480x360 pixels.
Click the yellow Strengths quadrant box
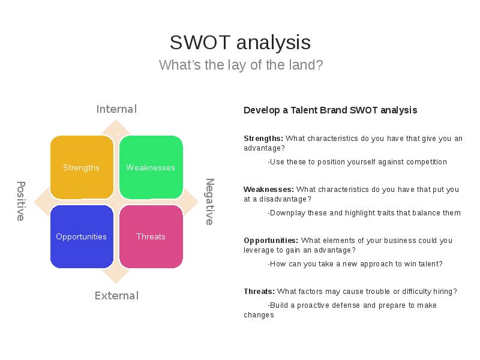coord(82,167)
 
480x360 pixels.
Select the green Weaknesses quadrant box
coord(151,167)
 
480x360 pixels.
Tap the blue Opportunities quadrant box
coord(82,236)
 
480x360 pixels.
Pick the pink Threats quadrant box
coord(151,236)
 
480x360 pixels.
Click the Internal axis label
coord(116,109)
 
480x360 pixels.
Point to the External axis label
coord(116,296)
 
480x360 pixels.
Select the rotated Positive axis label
coord(21,201)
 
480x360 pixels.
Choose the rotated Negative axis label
coord(209,202)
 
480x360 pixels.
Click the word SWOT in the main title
coord(200,42)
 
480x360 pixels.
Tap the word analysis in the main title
coord(274,42)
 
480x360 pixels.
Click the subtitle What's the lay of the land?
coord(241,65)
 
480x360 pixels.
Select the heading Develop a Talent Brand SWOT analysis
coord(331,110)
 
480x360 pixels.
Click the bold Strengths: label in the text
coord(263,139)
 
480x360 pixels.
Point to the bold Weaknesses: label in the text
coord(269,190)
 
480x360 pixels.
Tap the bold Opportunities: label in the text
coord(271,241)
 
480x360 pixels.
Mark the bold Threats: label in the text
coord(259,292)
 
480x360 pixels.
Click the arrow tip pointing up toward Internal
coord(116,119)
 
